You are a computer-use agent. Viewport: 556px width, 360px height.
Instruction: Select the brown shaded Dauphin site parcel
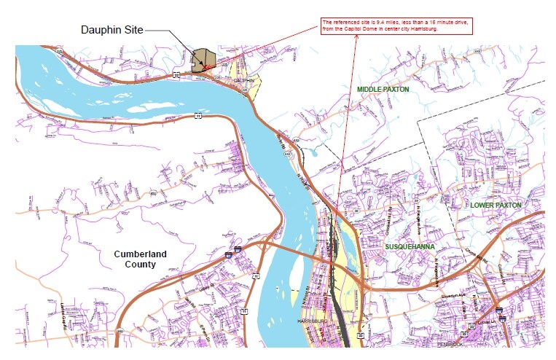(203, 59)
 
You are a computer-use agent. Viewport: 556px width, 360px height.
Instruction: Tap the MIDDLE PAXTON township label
(383, 89)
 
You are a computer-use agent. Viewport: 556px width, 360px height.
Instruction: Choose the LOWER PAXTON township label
(496, 206)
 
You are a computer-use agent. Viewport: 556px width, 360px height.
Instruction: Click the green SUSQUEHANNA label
(411, 247)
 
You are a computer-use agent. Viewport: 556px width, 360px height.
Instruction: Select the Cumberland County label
(140, 259)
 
